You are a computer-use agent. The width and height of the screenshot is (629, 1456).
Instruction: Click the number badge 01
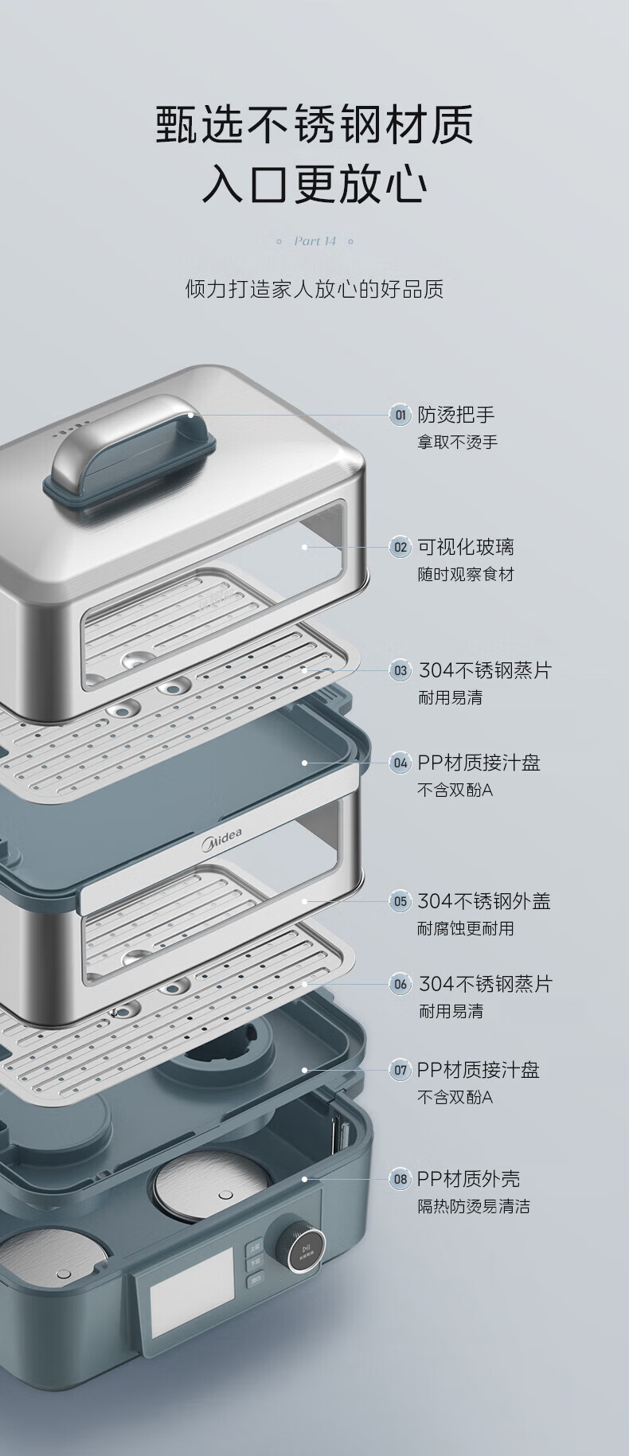[400, 415]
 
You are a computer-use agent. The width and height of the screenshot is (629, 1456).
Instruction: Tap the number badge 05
[400, 901]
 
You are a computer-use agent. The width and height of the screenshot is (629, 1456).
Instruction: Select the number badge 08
[400, 1179]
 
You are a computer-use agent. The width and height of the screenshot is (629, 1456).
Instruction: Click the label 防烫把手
[456, 415]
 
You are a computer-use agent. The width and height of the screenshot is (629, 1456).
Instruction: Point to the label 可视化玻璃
[466, 547]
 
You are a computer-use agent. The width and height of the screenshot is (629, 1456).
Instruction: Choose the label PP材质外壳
[468, 1179]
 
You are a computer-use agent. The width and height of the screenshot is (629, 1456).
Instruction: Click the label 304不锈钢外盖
[484, 901]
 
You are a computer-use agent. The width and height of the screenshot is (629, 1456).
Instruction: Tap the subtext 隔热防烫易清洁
[474, 1207]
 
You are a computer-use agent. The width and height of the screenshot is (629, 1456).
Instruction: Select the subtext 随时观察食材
[466, 575]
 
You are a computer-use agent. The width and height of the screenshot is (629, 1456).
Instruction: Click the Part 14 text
[314, 241]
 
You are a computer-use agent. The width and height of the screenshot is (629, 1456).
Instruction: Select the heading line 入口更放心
[314, 185]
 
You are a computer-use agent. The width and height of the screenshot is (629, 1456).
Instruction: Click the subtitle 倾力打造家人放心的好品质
[314, 288]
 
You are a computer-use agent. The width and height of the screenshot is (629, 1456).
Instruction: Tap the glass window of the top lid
[215, 581]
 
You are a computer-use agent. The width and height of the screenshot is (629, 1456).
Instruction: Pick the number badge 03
[400, 670]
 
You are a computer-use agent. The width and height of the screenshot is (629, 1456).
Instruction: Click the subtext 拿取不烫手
[458, 443]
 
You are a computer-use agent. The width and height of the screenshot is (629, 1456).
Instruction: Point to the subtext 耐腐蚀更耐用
[466, 929]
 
